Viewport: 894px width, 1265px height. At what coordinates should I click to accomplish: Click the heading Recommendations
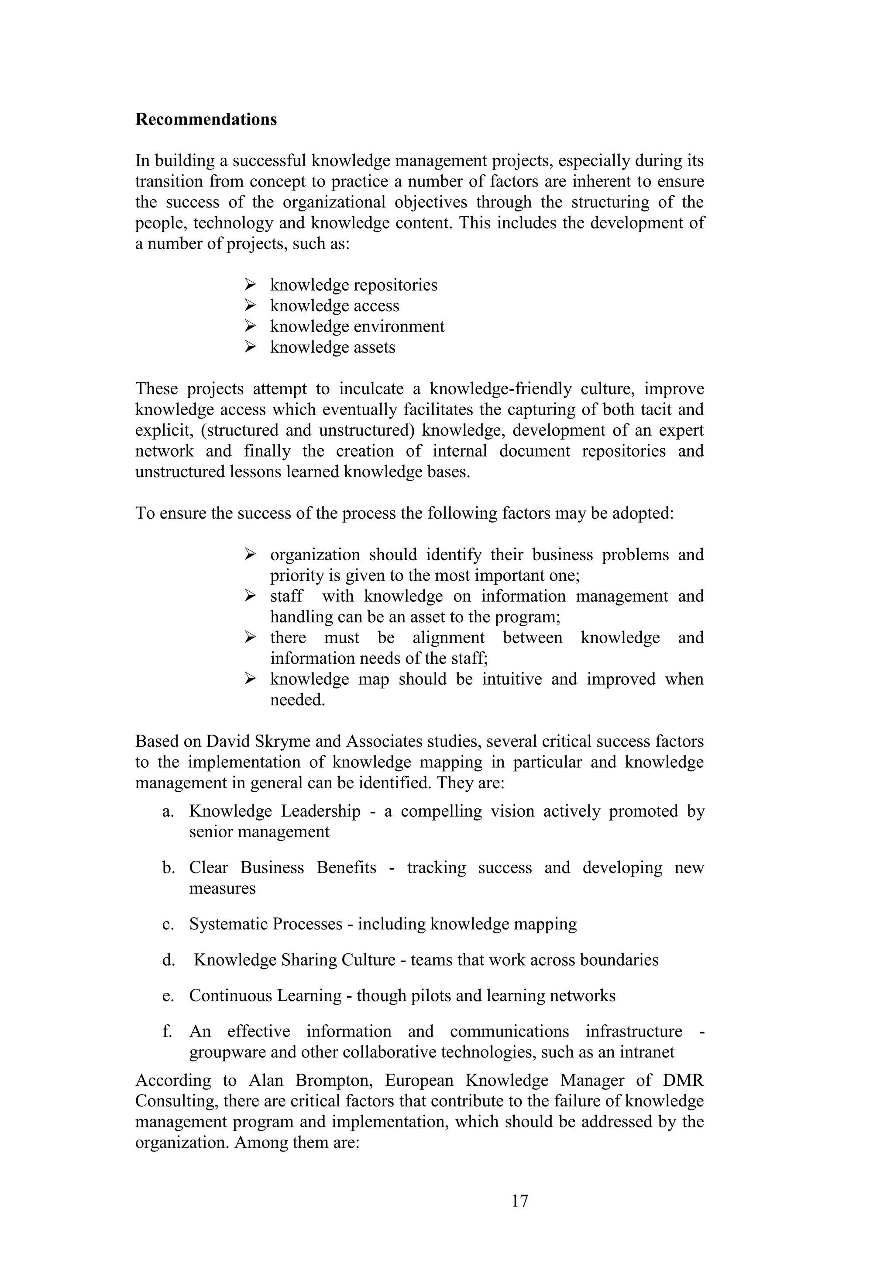click(x=206, y=120)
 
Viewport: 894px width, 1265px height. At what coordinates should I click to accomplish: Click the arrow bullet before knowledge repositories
click(x=251, y=285)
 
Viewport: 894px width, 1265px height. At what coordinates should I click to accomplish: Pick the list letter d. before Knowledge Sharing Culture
click(x=168, y=960)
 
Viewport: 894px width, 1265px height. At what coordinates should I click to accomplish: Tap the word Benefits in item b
click(x=346, y=867)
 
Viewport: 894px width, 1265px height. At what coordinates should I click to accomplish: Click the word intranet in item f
click(x=647, y=1052)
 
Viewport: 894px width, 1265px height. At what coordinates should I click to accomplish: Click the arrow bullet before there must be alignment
click(x=251, y=638)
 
